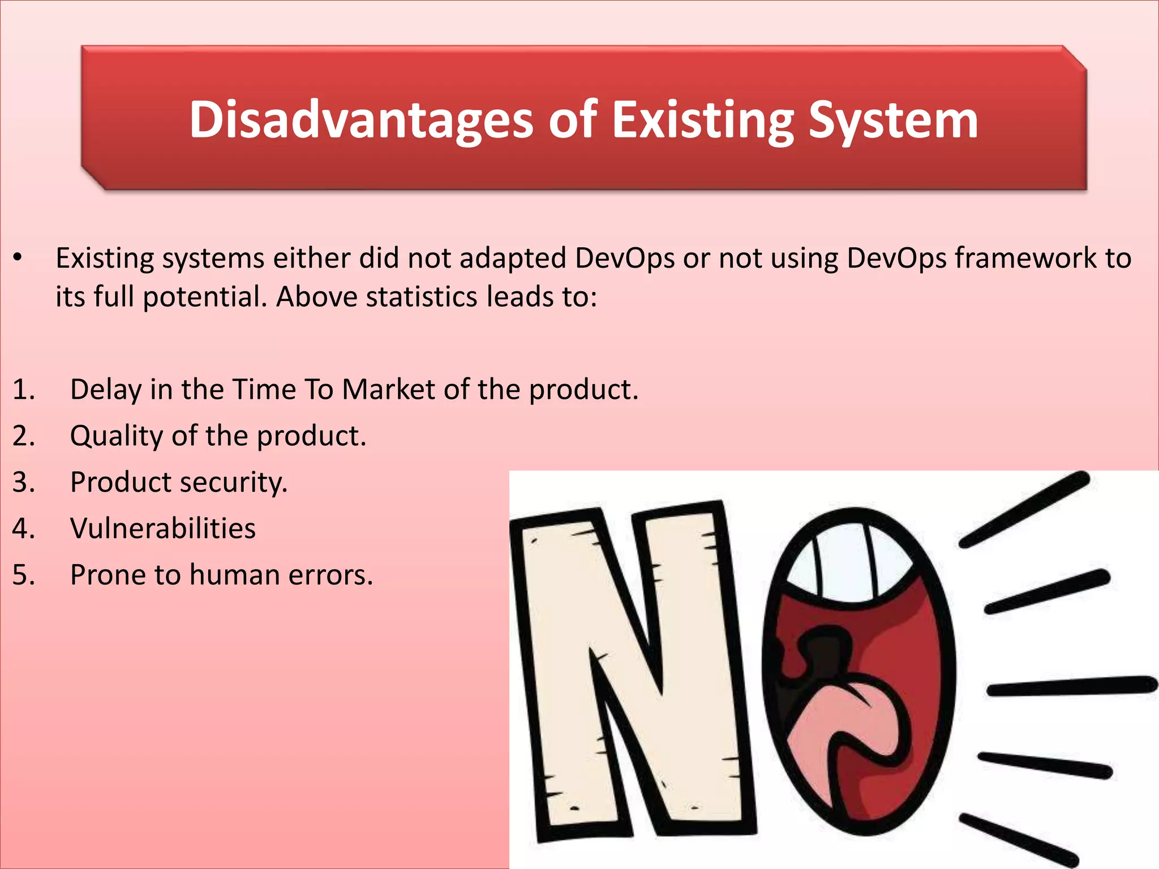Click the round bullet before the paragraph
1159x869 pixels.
point(18,258)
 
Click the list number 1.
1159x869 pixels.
point(23,390)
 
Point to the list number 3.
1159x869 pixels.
point(23,483)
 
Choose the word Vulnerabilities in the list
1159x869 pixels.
point(163,528)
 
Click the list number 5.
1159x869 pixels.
point(23,575)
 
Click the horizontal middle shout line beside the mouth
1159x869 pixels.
point(1072,686)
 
